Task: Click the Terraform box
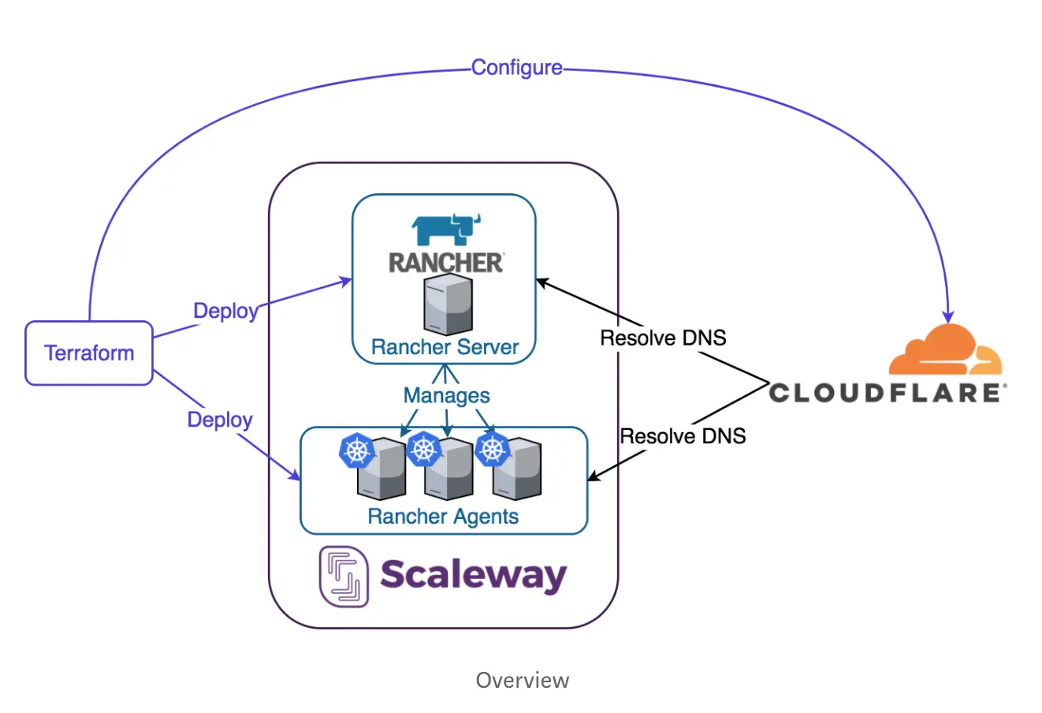pyautogui.click(x=89, y=353)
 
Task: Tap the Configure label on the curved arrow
pyautogui.click(x=517, y=68)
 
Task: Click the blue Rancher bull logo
pyautogui.click(x=446, y=230)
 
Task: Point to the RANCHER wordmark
pyautogui.click(x=446, y=263)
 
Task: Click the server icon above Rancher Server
pyautogui.click(x=448, y=305)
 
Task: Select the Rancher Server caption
pyautogui.click(x=445, y=347)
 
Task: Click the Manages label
pyautogui.click(x=446, y=395)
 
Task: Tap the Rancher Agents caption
pyautogui.click(x=443, y=517)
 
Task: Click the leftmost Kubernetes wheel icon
pyautogui.click(x=357, y=450)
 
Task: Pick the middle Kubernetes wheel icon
pyautogui.click(x=424, y=449)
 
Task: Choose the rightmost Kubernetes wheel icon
pyautogui.click(x=493, y=449)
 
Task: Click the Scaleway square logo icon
pyautogui.click(x=344, y=577)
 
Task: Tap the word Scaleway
pyautogui.click(x=473, y=575)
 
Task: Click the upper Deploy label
pyautogui.click(x=226, y=311)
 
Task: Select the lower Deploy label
pyautogui.click(x=220, y=420)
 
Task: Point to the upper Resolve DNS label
pyautogui.click(x=663, y=338)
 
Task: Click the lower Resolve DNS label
pyautogui.click(x=683, y=436)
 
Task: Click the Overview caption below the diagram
pyautogui.click(x=522, y=680)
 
